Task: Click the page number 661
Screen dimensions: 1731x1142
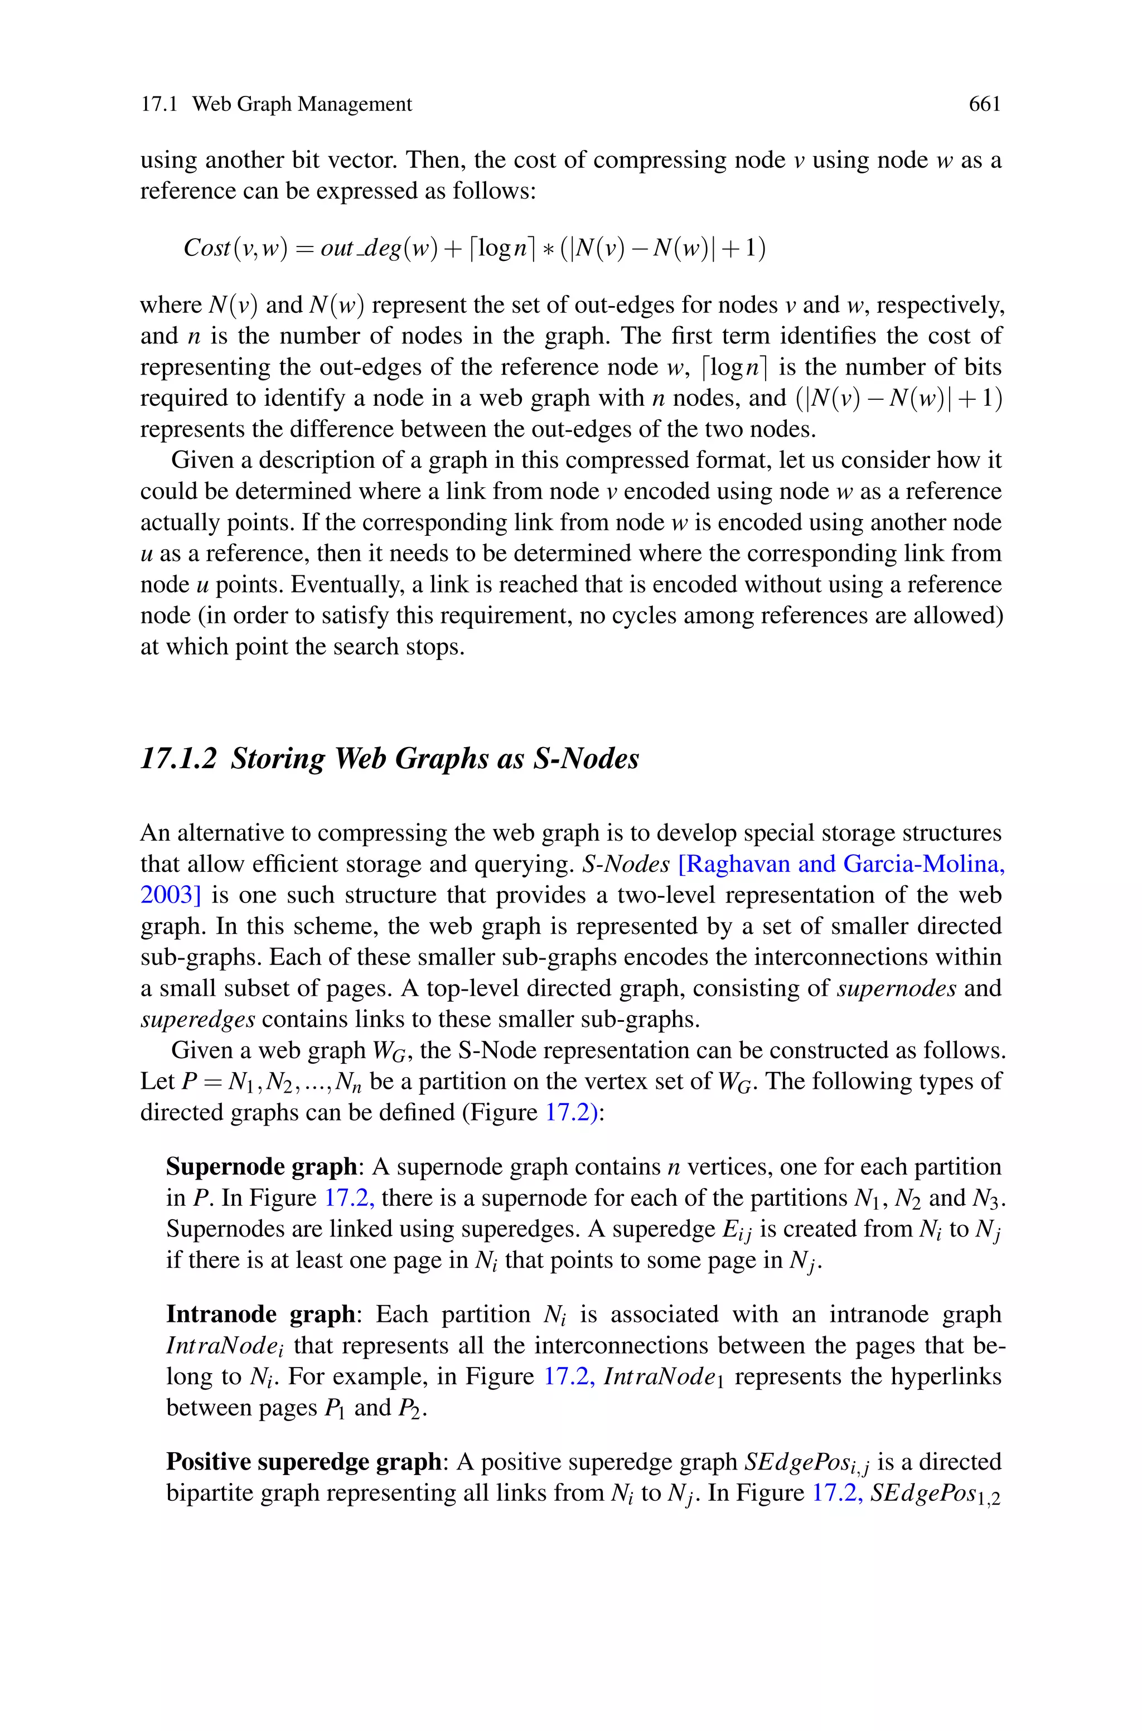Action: [985, 105]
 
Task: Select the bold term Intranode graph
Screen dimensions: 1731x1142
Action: [261, 1314]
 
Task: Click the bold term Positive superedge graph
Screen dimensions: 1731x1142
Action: [304, 1462]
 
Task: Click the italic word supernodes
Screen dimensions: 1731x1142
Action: [897, 988]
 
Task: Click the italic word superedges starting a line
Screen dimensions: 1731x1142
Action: [197, 1019]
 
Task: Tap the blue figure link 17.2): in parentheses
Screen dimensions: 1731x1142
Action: [575, 1112]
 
